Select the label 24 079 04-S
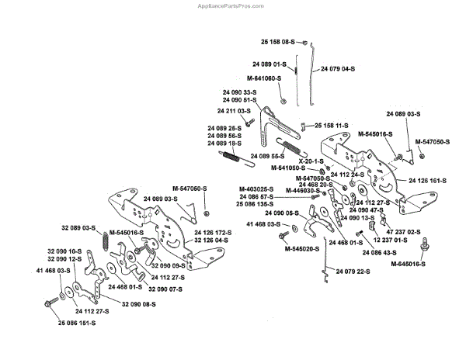[x=336, y=68]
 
